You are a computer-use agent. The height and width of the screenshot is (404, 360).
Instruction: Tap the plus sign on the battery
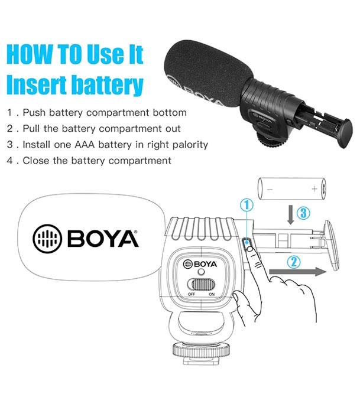[314, 189]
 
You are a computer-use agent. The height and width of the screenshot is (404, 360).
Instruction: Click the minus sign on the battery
[270, 189]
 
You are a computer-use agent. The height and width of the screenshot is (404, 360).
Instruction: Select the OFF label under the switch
[192, 294]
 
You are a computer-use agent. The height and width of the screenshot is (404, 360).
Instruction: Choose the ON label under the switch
[211, 294]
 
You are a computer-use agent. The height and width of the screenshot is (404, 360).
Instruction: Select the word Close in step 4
[35, 160]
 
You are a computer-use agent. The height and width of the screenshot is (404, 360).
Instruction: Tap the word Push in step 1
[34, 112]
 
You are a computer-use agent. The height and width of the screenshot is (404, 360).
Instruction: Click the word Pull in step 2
[32, 128]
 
